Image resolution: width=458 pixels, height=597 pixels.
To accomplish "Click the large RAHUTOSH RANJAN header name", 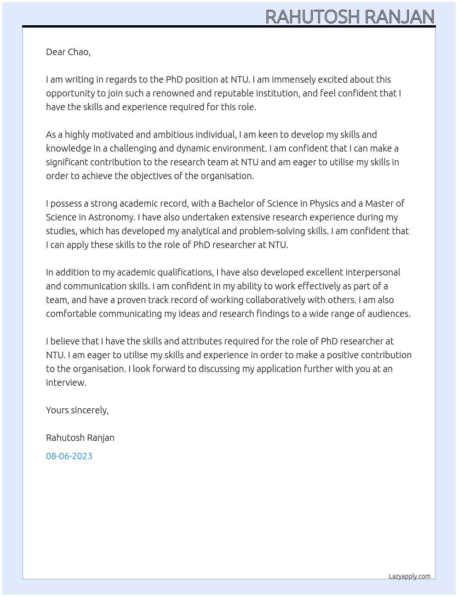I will [350, 17].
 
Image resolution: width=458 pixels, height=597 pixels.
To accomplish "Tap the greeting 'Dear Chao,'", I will [68, 52].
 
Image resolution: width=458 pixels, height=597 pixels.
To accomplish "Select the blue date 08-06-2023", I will [69, 456].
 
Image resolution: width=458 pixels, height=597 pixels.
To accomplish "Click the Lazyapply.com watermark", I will [410, 576].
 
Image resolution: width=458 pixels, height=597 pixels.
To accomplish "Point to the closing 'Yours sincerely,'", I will [77, 410].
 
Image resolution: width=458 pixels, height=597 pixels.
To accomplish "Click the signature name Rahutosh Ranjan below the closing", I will [80, 438].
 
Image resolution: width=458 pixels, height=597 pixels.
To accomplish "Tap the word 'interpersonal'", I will [372, 272].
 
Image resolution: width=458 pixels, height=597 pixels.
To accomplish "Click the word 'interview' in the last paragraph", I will [65, 383].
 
